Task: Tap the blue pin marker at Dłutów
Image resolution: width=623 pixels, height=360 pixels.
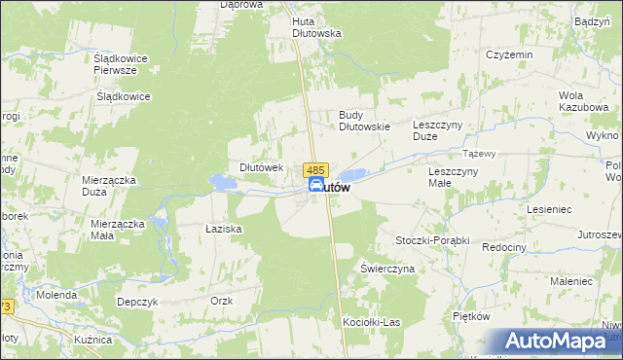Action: (x=317, y=186)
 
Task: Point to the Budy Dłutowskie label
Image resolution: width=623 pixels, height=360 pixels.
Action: (x=364, y=120)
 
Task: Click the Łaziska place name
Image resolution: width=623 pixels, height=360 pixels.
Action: (x=223, y=229)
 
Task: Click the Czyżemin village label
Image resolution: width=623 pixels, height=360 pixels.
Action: (x=510, y=54)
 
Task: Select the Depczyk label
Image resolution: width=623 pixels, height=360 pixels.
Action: (x=137, y=302)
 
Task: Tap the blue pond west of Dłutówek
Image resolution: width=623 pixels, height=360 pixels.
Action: (x=223, y=182)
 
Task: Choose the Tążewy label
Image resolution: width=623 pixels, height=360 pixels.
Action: (x=480, y=154)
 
